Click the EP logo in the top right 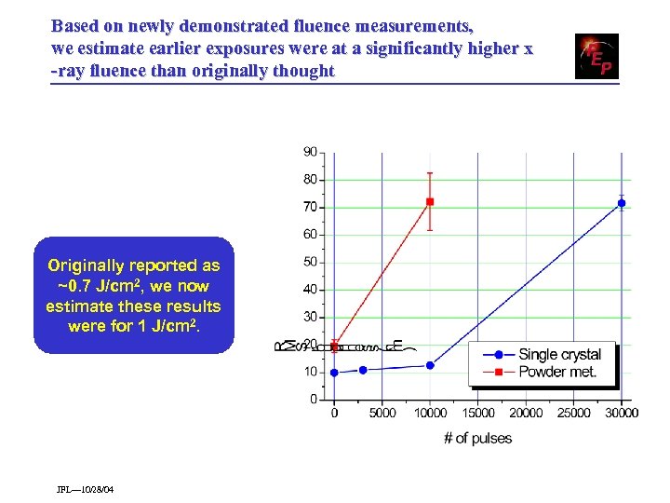click(x=596, y=57)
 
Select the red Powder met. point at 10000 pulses click(x=430, y=201)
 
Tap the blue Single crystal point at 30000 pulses click(x=622, y=203)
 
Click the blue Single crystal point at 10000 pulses click(x=430, y=365)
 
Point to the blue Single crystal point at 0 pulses click(x=335, y=373)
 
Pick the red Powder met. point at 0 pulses click(x=335, y=347)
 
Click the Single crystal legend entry click(x=558, y=354)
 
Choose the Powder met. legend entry click(x=556, y=373)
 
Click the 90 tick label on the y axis click(x=310, y=152)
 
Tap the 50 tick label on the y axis click(x=310, y=262)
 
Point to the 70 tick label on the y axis click(x=310, y=207)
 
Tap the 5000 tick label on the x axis click(x=382, y=414)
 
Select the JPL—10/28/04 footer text click(x=85, y=490)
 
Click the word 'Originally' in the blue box click(x=88, y=266)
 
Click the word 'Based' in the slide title click(x=72, y=25)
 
